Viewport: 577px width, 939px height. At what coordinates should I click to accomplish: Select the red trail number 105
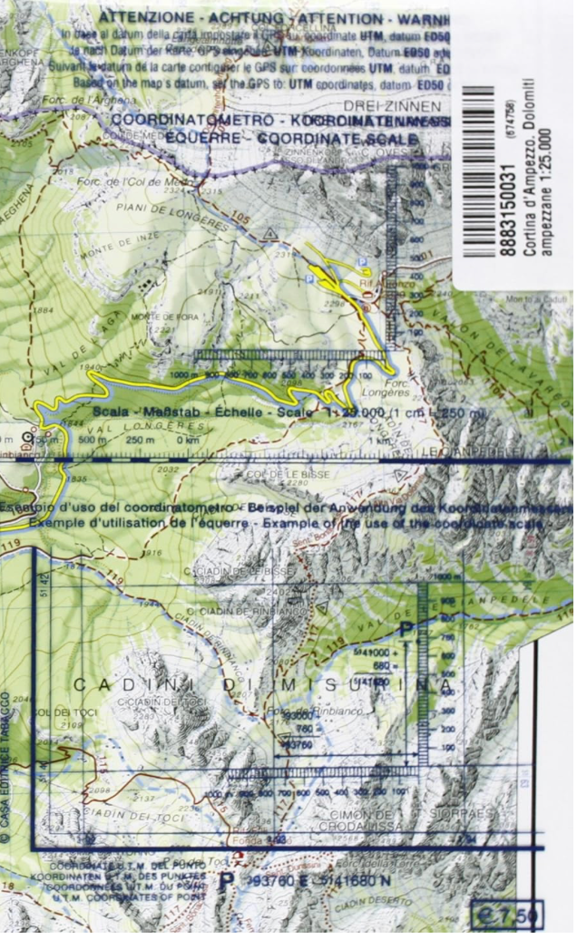tap(240, 217)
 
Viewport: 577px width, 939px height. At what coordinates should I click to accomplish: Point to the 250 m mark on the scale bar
tap(138, 440)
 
